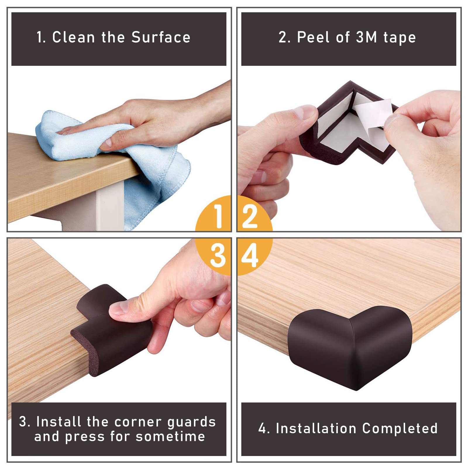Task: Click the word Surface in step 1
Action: (x=161, y=37)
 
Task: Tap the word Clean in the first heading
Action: (x=73, y=37)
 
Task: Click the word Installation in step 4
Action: (x=316, y=429)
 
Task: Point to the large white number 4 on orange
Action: (x=250, y=255)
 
